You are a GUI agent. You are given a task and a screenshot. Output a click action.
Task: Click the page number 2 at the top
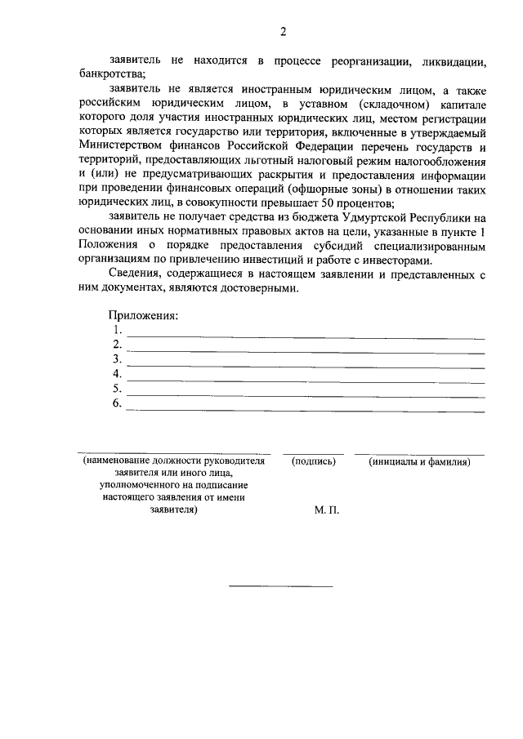283,33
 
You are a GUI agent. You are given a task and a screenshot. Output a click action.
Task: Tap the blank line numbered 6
304,410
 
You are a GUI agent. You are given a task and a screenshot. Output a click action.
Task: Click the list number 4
117,374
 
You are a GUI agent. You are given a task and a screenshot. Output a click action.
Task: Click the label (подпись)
314,461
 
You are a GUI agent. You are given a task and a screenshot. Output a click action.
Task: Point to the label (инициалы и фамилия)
419,461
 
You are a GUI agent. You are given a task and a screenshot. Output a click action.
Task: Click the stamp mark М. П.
326,509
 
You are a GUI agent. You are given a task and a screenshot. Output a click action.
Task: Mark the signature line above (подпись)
314,452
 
